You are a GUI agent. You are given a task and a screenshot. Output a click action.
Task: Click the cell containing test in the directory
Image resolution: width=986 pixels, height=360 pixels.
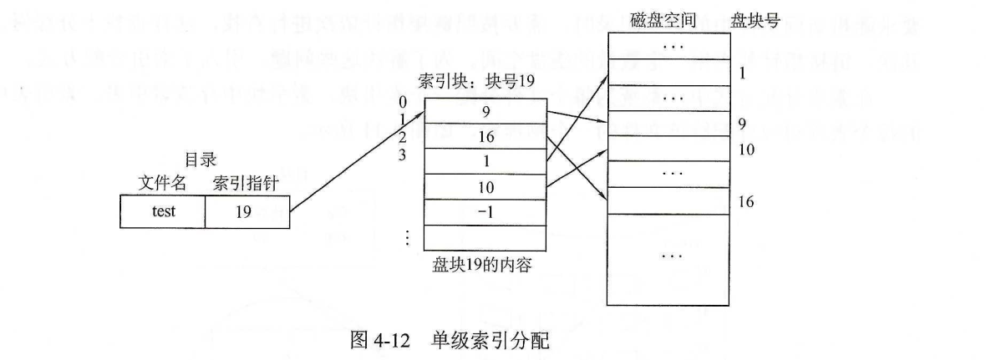164,211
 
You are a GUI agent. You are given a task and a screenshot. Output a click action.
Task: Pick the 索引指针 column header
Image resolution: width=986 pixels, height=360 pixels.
243,183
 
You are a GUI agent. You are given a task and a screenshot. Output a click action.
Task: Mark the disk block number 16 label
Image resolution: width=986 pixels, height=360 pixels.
747,202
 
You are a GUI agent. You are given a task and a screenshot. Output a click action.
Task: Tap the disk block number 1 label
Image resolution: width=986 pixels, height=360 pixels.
742,72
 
